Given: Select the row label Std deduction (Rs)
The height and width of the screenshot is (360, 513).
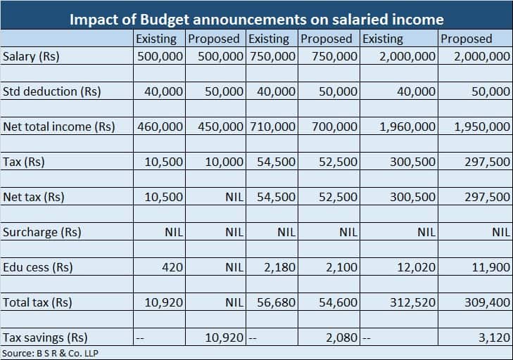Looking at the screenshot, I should (51, 91).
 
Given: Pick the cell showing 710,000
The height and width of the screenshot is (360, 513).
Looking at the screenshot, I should (276, 127).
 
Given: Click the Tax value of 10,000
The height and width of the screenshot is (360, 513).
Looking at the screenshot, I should (224, 162).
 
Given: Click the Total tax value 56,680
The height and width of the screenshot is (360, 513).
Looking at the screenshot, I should (276, 302).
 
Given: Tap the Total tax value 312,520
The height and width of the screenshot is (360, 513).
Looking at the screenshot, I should (412, 302).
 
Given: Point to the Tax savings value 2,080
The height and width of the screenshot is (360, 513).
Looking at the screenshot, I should (343, 337).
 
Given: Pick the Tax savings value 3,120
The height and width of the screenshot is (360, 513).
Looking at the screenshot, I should (493, 337).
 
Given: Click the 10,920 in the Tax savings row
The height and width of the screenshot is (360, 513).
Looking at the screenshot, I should (224, 337).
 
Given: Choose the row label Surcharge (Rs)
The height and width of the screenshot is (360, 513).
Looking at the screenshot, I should (42, 232).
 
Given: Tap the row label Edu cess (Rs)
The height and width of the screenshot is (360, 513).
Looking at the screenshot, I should (38, 267).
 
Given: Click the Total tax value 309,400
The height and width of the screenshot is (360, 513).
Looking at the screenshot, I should (487, 302).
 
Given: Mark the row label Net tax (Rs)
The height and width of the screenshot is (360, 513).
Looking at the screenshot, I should (34, 197).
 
